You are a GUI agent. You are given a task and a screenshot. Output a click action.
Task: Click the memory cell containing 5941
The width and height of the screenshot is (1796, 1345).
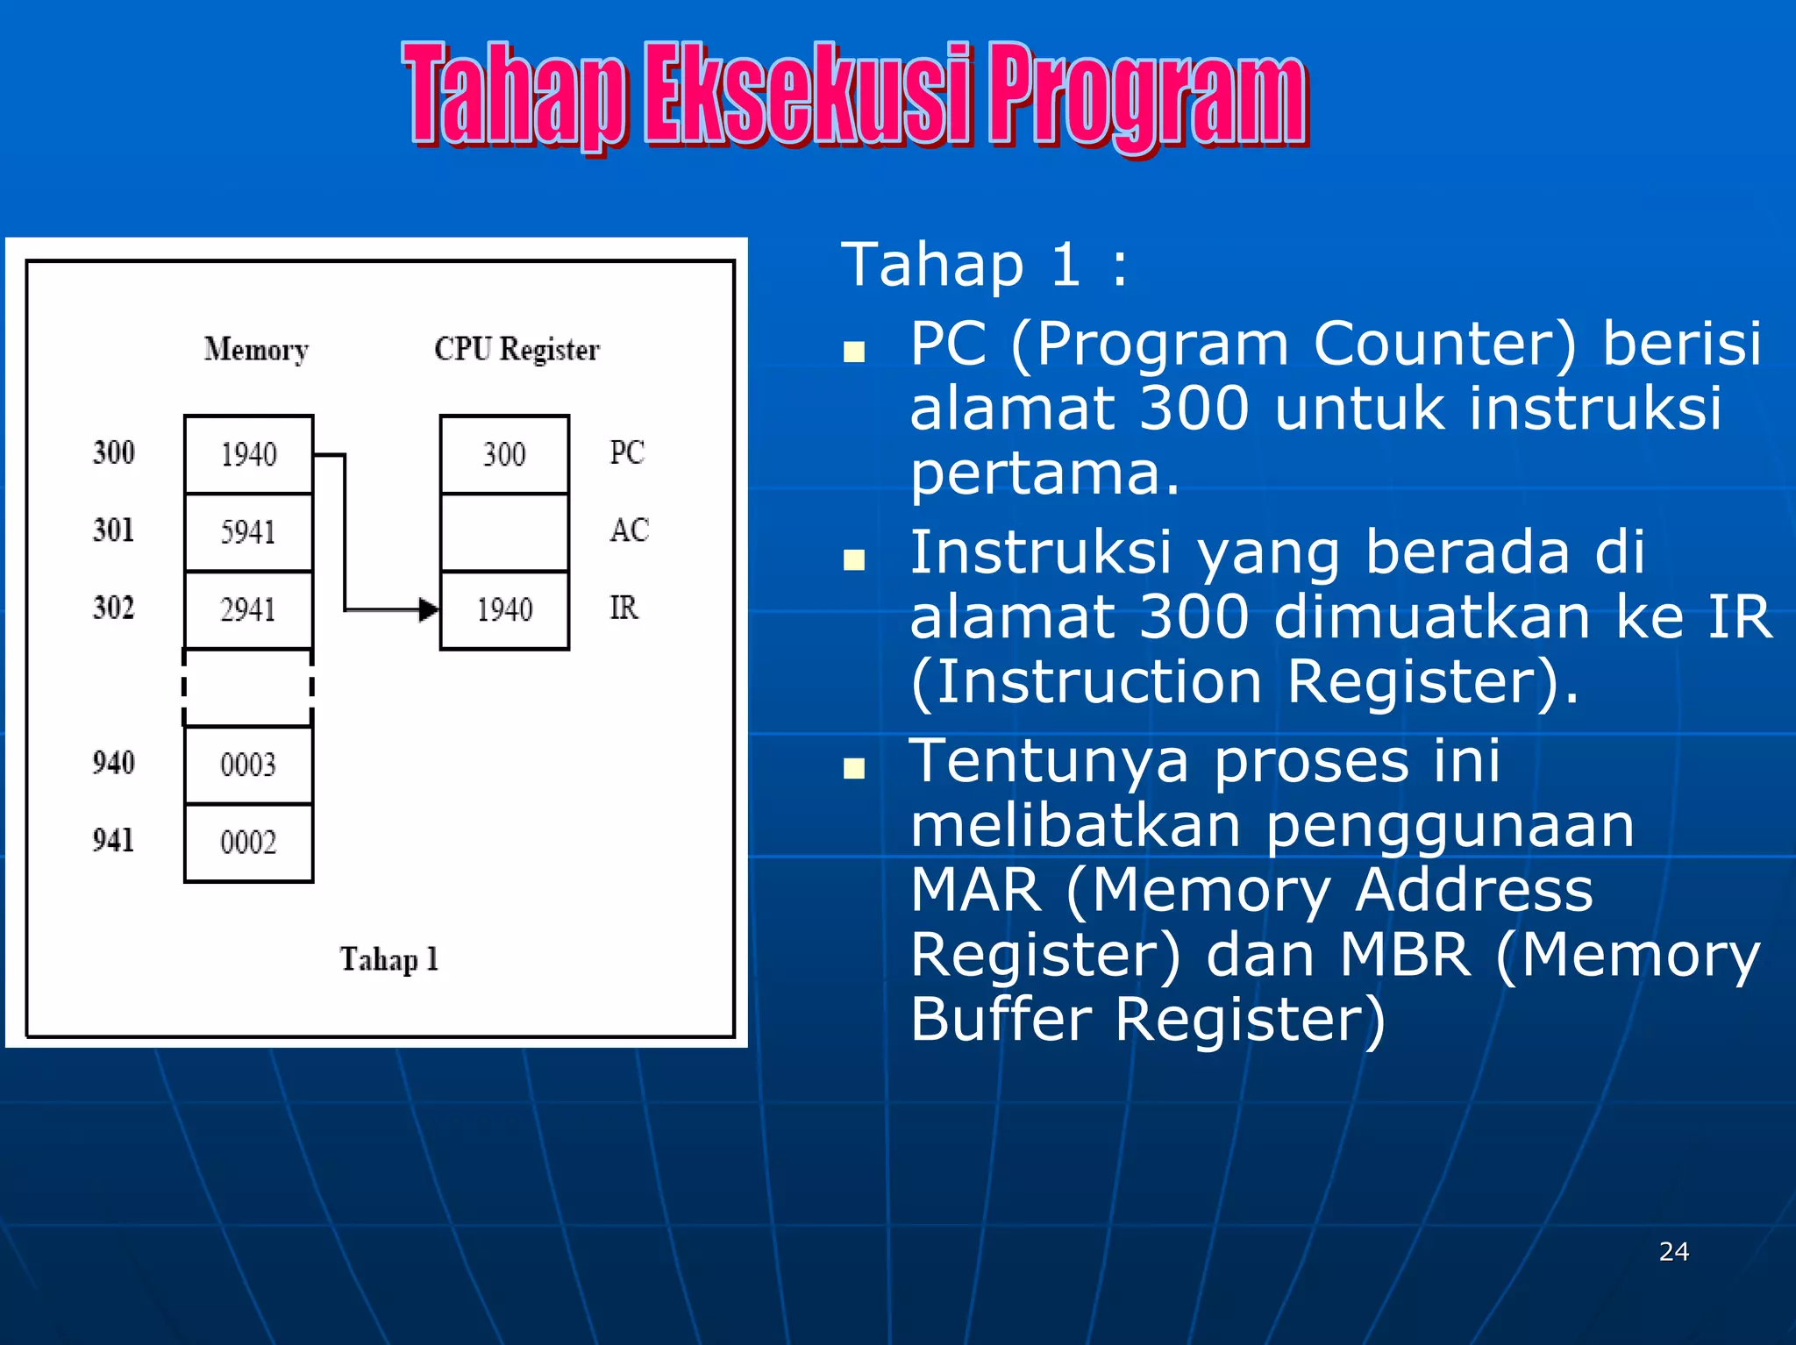click(248, 532)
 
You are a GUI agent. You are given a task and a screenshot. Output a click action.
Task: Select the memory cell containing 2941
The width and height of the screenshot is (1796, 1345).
click(248, 609)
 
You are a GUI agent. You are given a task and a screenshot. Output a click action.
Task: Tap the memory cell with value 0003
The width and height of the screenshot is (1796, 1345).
click(248, 765)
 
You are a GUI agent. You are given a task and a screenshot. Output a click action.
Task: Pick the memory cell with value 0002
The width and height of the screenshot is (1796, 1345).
click(248, 843)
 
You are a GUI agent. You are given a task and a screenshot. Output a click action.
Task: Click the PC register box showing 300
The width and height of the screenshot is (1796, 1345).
click(504, 454)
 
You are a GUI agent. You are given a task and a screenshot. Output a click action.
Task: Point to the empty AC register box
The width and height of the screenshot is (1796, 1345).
click(504, 532)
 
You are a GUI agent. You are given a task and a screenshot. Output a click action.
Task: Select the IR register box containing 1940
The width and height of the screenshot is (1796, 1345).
click(504, 609)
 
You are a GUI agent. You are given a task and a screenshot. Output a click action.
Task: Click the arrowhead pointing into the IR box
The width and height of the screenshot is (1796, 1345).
click(429, 609)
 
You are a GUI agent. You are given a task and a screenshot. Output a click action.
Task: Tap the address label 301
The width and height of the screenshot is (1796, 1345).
click(114, 530)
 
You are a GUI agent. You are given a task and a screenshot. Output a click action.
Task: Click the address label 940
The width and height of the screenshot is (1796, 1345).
click(114, 763)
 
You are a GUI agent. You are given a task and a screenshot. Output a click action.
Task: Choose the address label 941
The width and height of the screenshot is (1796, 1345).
click(114, 841)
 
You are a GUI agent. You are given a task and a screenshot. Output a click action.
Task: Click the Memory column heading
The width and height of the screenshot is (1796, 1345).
click(256, 350)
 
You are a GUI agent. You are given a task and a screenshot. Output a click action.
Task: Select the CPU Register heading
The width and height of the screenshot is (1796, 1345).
click(517, 349)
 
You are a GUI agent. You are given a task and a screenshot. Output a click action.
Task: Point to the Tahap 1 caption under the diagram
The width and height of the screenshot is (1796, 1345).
click(388, 959)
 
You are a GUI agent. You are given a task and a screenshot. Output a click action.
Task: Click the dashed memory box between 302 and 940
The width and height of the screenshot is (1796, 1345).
click(248, 687)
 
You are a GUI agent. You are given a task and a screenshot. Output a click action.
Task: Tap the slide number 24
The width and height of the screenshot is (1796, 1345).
click(1673, 1251)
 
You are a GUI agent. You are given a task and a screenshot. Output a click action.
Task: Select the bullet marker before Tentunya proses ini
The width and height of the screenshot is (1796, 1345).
click(853, 769)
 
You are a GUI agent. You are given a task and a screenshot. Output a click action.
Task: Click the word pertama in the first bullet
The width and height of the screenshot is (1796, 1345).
click(1044, 474)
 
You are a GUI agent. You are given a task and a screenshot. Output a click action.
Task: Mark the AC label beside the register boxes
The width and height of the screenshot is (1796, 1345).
click(629, 530)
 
